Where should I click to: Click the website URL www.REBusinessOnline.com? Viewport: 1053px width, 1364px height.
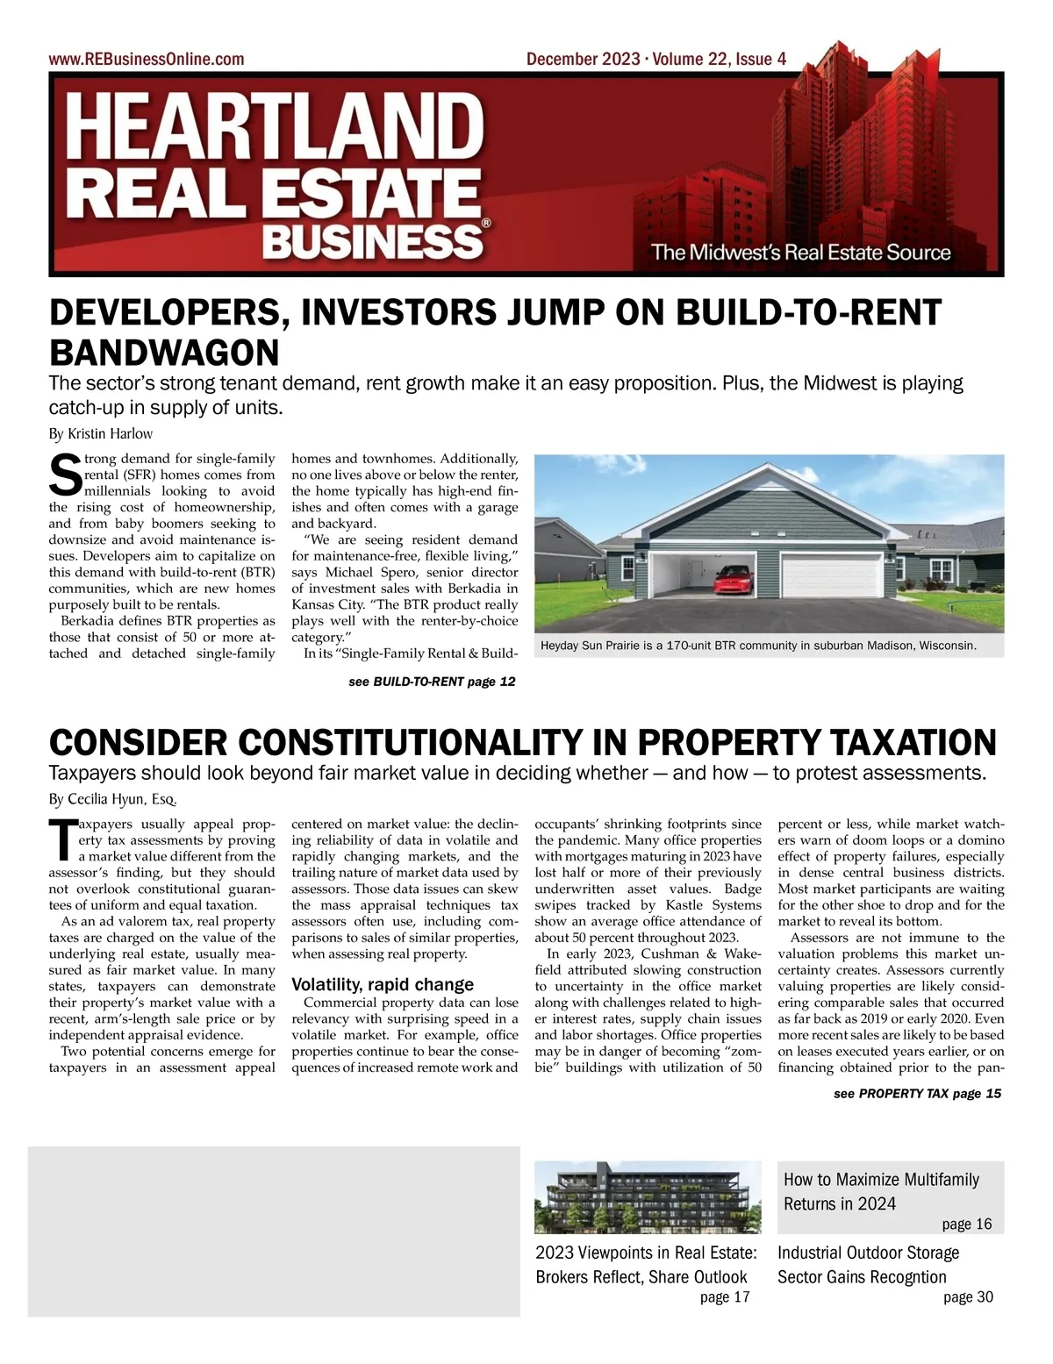tap(147, 60)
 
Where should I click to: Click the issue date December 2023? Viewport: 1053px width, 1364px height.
tap(583, 60)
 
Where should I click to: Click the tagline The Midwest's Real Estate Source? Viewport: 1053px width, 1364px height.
tap(801, 253)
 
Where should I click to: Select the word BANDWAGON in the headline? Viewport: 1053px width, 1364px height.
tap(164, 353)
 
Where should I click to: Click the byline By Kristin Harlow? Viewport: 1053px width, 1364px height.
tap(100, 433)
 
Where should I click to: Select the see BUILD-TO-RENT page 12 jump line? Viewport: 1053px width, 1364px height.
tap(432, 682)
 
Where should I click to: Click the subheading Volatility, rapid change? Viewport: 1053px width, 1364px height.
tap(383, 984)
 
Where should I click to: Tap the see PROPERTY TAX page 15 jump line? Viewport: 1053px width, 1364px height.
tap(917, 1093)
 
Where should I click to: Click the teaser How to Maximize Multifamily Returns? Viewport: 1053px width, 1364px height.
tap(881, 1191)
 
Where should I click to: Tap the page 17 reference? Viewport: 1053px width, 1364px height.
tap(725, 1297)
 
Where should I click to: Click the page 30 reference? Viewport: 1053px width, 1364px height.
tap(968, 1297)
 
